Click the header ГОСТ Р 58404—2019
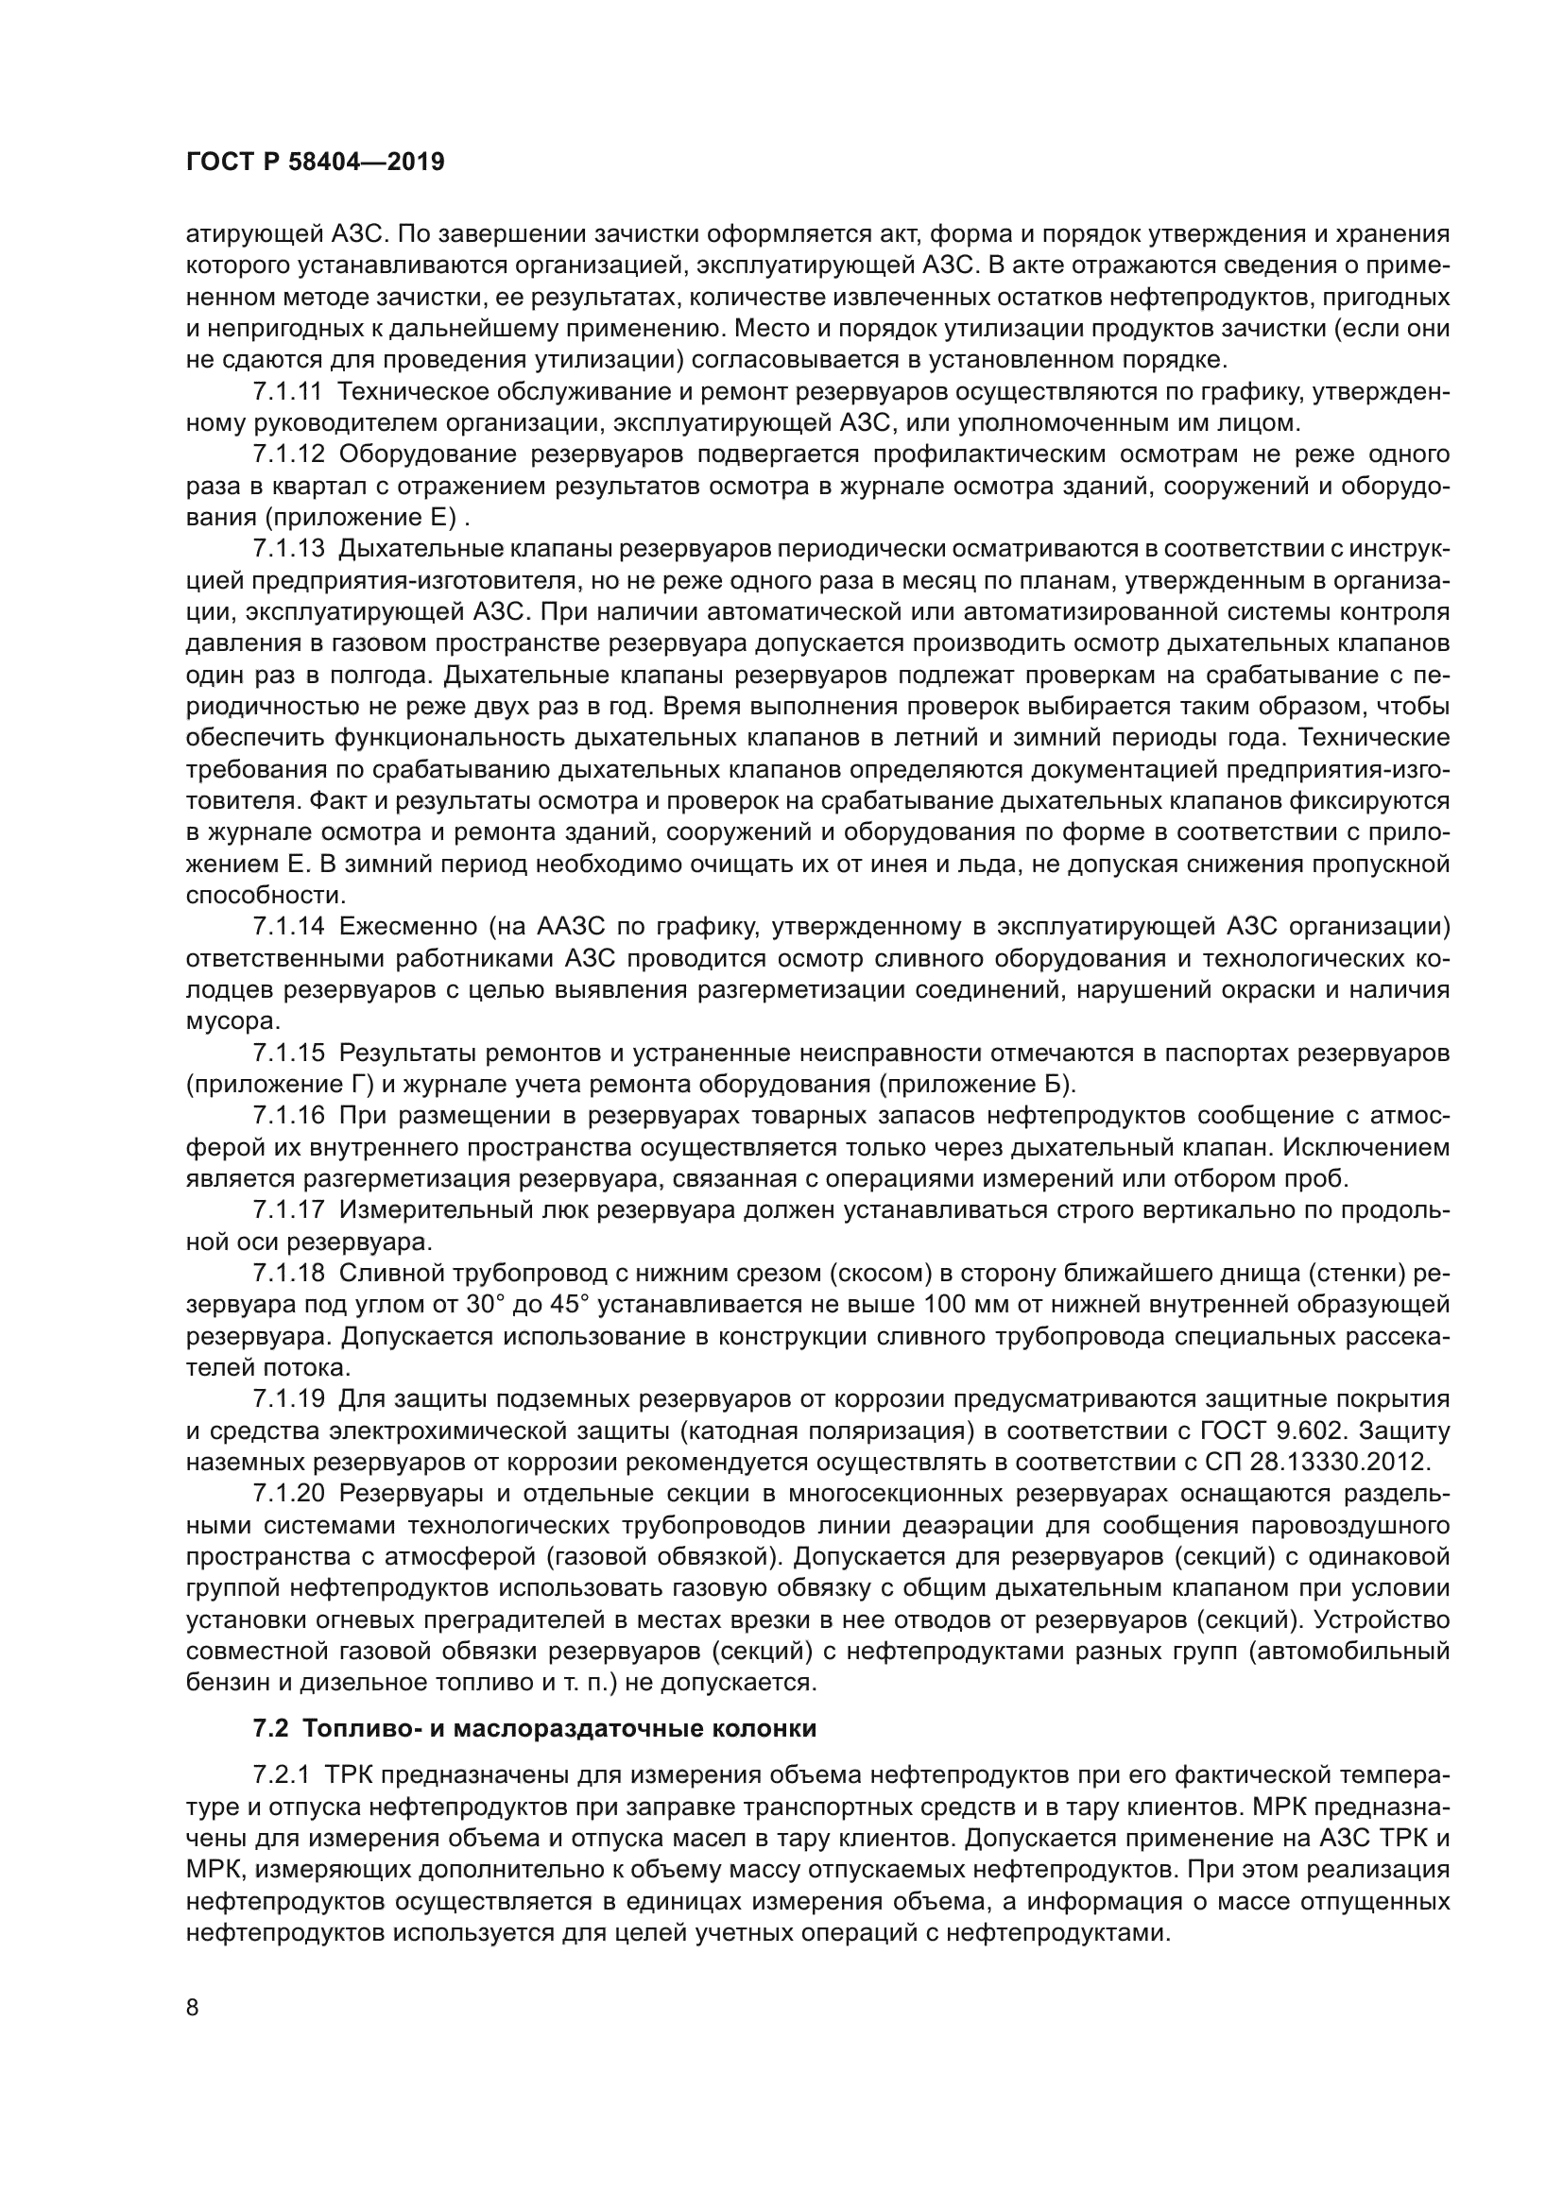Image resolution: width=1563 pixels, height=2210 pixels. click(315, 162)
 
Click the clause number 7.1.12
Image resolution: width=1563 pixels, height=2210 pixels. click(290, 454)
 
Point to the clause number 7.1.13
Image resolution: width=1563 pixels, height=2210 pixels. click(290, 549)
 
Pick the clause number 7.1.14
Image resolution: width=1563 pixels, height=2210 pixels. click(290, 927)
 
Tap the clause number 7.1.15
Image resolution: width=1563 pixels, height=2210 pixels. click(290, 1053)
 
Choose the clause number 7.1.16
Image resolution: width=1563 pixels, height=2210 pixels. click(290, 1116)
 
